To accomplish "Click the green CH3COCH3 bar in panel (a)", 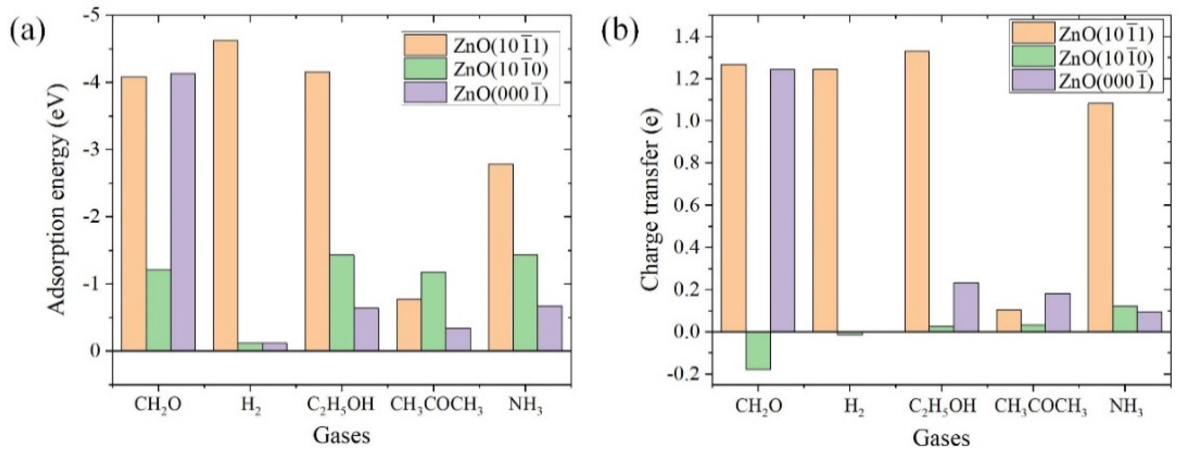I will pyautogui.click(x=433, y=311).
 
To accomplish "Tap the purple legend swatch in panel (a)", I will pyautogui.click(x=425, y=92).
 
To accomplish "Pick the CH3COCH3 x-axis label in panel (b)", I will pyautogui.click(x=1033, y=406).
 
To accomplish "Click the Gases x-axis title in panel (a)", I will pyautogui.click(x=341, y=435).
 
